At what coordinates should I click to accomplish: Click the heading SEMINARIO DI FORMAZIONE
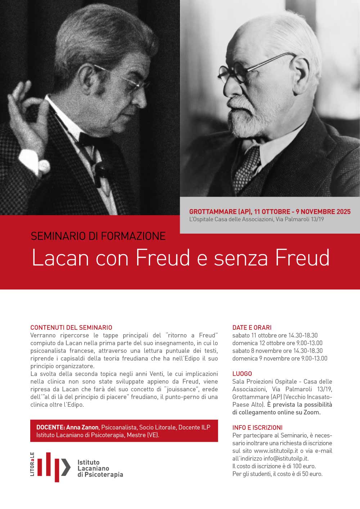point(98,236)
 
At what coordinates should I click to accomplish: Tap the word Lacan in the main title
point(59,258)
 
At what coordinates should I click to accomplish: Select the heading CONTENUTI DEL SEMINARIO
point(71,328)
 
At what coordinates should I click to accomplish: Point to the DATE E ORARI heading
point(252,328)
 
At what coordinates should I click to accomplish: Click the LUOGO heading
point(242,374)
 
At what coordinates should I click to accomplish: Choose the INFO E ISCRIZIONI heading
point(257,428)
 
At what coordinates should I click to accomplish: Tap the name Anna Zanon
point(82,427)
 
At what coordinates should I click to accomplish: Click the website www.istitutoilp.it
point(276,451)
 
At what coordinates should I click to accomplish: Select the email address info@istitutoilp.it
point(286,459)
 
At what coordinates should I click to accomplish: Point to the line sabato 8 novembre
point(277,351)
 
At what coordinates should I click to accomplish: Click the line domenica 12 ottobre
point(277,343)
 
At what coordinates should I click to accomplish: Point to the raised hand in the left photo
point(27,119)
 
